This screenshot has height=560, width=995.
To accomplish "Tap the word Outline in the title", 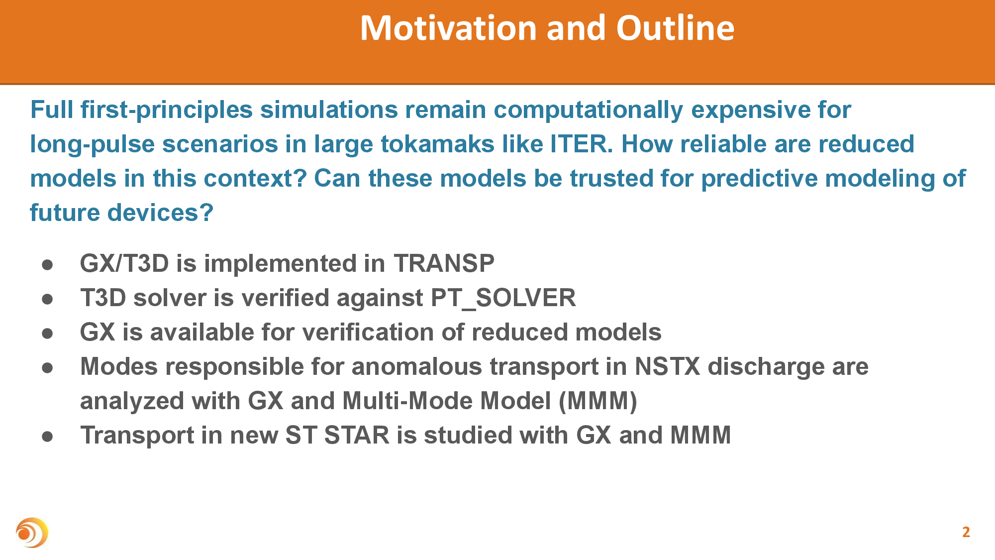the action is (675, 28).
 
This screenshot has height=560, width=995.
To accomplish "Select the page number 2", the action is (966, 532).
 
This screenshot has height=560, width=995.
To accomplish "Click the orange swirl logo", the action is (32, 533).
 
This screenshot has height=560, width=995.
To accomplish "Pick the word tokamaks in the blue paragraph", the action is (437, 144).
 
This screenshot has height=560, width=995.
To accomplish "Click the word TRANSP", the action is (444, 263).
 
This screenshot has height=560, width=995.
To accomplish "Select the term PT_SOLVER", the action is (503, 298).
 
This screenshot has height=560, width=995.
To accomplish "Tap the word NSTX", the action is (668, 366).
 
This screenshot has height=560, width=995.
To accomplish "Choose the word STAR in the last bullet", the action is (357, 435).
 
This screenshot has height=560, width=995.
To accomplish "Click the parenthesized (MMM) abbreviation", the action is (598, 401).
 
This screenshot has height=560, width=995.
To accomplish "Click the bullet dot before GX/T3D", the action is (48, 264).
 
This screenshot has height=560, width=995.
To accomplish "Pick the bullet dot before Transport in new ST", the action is (48, 436).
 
